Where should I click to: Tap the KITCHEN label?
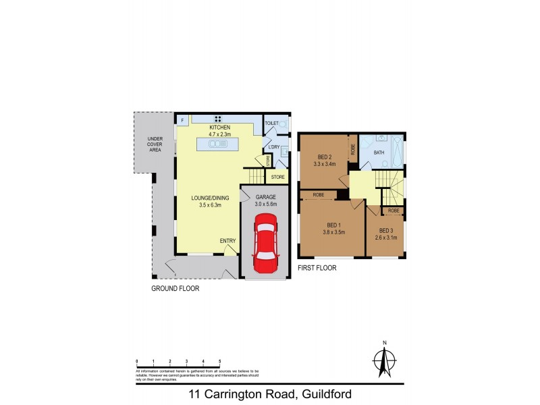220,128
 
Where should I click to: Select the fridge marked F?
182,121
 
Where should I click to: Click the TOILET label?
271,124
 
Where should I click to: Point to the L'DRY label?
273,147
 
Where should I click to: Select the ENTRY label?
227,241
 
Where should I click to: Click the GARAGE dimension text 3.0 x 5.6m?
265,205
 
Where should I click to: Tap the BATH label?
379,153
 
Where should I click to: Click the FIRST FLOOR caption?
317,268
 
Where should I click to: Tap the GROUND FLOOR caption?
175,288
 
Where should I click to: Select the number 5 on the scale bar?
219,362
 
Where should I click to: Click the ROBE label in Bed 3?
394,211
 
